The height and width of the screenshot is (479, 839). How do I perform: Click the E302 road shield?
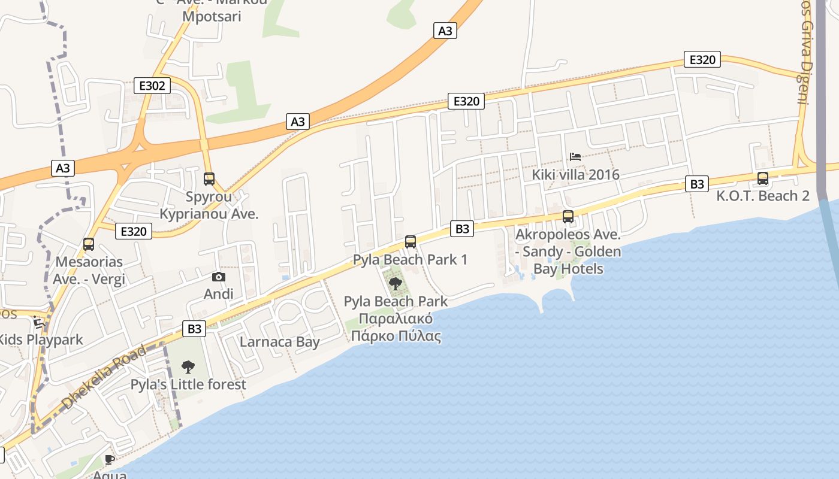[x=152, y=86]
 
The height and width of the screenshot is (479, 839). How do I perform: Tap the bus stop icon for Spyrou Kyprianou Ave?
[x=209, y=178]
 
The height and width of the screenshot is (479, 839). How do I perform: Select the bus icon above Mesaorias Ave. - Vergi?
[x=89, y=244]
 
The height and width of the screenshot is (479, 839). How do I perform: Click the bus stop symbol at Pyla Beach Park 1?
[x=411, y=241]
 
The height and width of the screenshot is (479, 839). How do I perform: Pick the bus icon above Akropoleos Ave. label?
[x=568, y=216]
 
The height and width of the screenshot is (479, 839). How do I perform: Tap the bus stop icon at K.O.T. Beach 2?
[x=763, y=178]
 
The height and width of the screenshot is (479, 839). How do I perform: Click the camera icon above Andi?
[x=219, y=277]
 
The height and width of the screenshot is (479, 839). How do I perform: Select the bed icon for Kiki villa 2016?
[x=575, y=157]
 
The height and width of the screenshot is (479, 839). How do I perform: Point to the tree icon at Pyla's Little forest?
[x=188, y=366]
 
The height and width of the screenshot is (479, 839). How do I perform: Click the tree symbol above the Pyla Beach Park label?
[x=395, y=283]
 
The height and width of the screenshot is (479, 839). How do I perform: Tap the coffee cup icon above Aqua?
[x=110, y=459]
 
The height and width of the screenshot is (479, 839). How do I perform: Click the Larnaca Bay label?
[x=280, y=342]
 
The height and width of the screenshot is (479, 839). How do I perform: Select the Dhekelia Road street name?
[x=104, y=377]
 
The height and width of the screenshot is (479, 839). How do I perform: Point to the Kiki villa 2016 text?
[x=575, y=175]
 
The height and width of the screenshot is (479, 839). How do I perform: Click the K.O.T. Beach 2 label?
[x=763, y=196]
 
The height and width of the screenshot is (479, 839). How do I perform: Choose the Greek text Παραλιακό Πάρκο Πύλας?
[x=396, y=327]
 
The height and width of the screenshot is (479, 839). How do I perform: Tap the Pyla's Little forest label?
[x=188, y=384]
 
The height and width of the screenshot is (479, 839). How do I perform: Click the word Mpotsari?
[x=212, y=16]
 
